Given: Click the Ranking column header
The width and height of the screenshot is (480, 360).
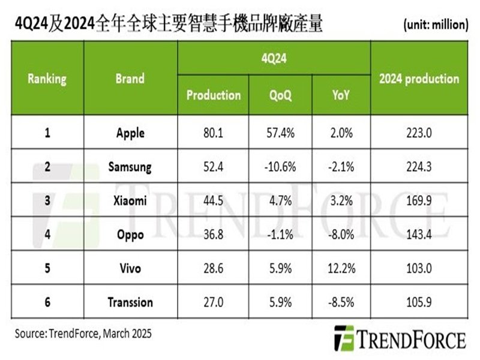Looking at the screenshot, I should point(47,79).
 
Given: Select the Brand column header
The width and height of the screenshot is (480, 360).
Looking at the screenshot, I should point(130,79).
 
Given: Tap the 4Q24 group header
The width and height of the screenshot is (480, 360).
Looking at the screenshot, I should point(274,60).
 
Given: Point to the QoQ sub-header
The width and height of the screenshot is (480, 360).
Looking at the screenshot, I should point(280,95).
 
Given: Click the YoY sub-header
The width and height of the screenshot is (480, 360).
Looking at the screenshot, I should point(341,95).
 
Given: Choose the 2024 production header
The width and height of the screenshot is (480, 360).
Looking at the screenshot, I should point(419,79).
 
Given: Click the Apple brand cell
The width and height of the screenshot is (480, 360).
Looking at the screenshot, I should point(130,133).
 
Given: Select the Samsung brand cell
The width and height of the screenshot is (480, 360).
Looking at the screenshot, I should point(130,166).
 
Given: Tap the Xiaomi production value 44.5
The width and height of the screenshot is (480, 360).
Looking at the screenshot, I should point(213,200).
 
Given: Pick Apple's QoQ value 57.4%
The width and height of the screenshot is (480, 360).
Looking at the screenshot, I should point(280,133).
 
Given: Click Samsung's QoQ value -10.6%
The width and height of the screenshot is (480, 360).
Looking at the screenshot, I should point(280,166).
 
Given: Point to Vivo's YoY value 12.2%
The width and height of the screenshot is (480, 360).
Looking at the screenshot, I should point(341,268).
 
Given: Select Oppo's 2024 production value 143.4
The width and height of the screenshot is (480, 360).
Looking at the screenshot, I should point(419,234).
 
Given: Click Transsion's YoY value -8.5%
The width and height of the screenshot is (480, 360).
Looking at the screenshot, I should point(341,301).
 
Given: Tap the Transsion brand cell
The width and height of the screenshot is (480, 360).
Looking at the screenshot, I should point(130,301).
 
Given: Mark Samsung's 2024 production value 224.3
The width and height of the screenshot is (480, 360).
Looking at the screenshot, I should point(419,166).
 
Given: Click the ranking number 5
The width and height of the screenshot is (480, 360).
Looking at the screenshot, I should point(47,268).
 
